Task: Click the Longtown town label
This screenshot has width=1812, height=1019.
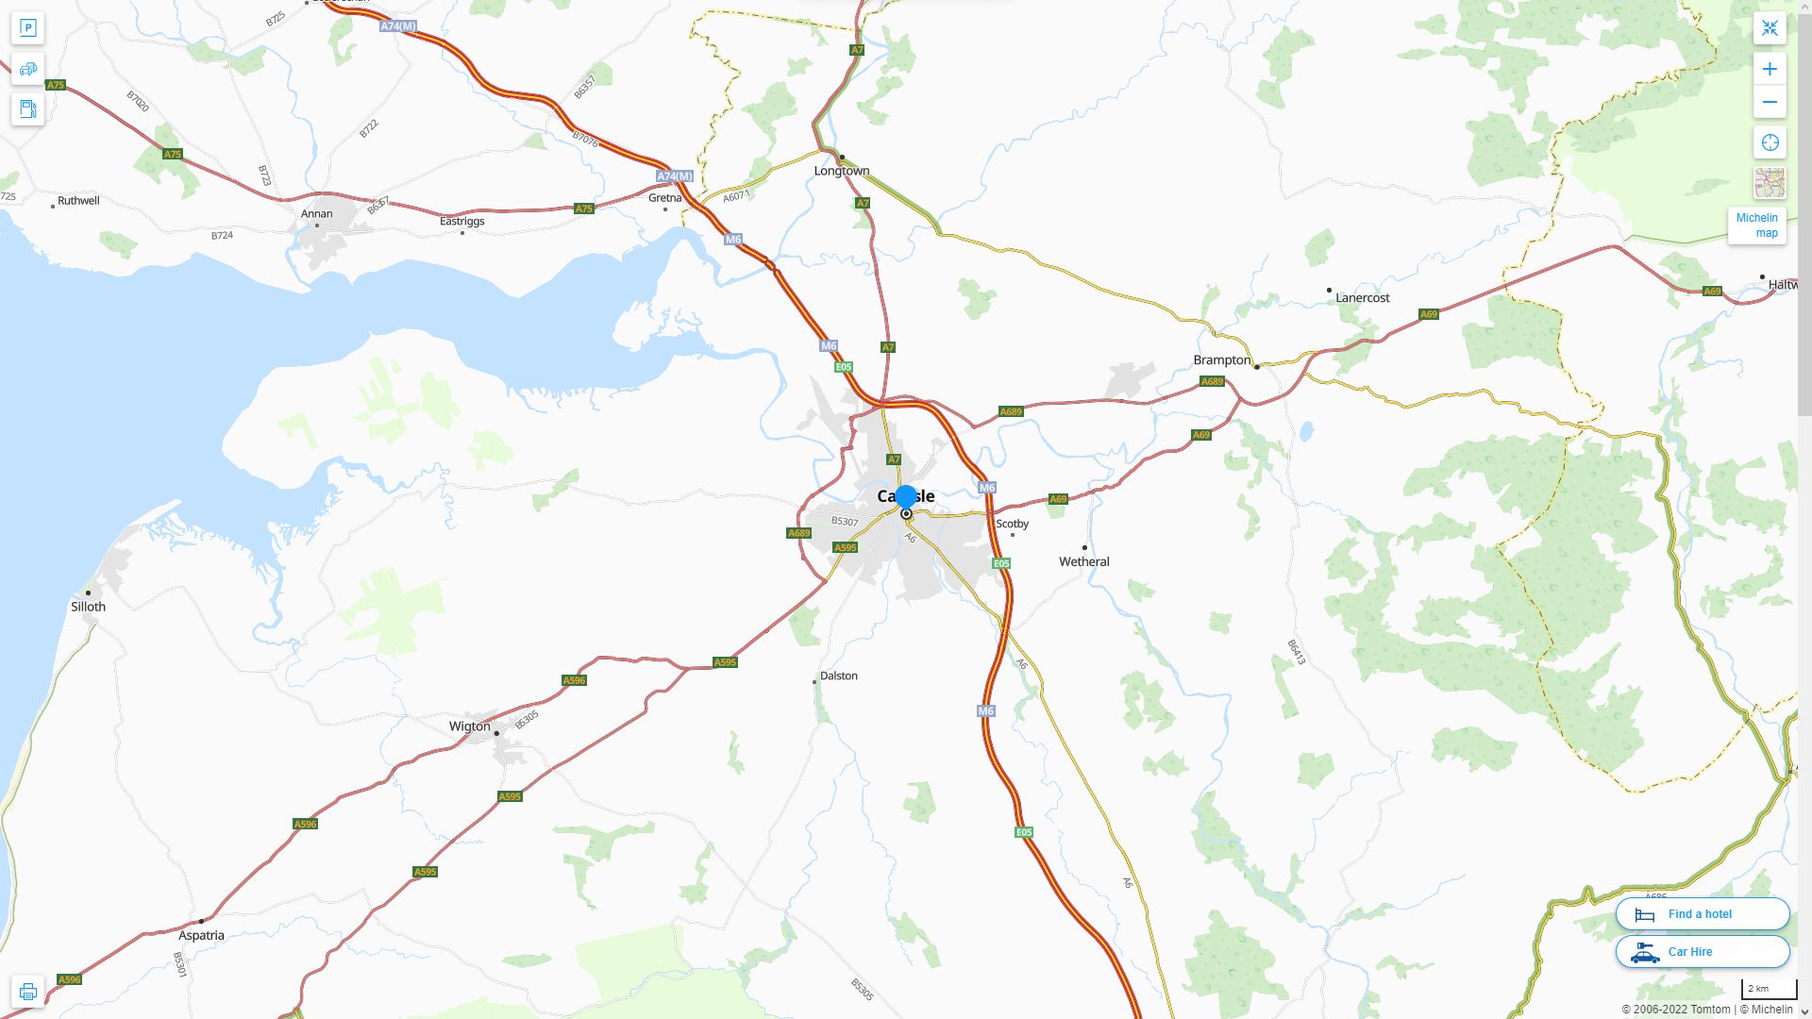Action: tap(842, 171)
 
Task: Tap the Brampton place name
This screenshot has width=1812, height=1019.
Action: tap(1221, 360)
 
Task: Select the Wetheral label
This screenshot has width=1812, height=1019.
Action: tap(1083, 561)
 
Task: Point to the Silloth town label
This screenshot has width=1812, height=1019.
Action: tap(88, 607)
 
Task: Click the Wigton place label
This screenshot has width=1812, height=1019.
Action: tap(469, 727)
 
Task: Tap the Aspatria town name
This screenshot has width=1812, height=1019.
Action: tap(201, 936)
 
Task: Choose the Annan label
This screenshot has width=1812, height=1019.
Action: tap(316, 214)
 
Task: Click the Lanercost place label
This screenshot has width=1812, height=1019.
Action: tap(1362, 298)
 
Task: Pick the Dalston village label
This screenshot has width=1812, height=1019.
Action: tap(838, 676)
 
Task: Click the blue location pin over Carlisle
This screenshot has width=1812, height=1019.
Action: tap(906, 497)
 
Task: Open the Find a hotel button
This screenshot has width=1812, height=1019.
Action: tap(1702, 914)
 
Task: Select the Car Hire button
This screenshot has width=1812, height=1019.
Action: tap(1702, 952)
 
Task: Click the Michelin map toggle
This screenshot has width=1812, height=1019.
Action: tap(1756, 226)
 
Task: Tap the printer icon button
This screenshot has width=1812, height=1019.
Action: tap(27, 992)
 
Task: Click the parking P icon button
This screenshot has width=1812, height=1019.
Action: tap(27, 28)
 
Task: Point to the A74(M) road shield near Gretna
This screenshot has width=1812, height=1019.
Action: tap(675, 176)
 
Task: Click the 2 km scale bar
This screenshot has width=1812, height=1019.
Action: tap(1768, 990)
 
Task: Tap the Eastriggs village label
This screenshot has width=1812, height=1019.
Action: tap(461, 222)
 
